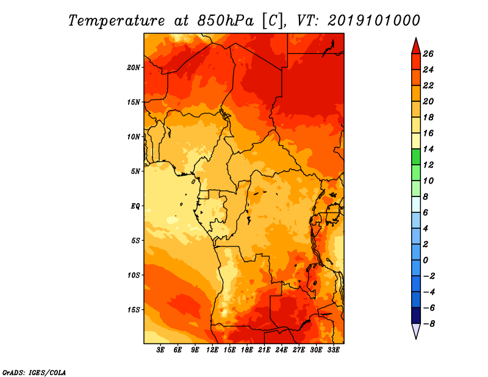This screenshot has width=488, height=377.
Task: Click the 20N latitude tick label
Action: click(134, 68)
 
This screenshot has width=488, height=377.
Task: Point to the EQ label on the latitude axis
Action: click(135, 206)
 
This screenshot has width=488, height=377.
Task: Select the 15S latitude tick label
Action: click(134, 310)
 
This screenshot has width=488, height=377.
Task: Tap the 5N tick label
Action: click(135, 171)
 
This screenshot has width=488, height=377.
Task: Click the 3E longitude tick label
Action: click(160, 350)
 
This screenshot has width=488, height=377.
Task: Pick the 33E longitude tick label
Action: click(333, 350)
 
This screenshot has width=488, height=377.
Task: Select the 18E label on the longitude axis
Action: click(247, 350)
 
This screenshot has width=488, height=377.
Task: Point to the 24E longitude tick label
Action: click(281, 350)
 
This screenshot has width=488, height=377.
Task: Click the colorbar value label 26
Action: click(428, 54)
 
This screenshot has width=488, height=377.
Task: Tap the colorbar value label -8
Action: click(428, 324)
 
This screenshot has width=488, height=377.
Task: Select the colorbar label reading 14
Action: click(428, 149)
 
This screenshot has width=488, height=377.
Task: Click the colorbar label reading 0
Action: click(425, 260)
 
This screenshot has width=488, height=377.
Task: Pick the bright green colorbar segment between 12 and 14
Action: click(416, 157)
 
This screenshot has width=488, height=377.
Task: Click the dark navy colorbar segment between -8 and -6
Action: click(416, 315)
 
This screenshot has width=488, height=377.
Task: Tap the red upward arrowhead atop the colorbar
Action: click(416, 46)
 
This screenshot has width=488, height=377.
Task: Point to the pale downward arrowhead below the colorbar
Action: click(416, 331)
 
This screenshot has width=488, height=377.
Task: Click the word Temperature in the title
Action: click(117, 21)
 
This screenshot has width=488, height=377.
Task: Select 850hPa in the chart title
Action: click(225, 21)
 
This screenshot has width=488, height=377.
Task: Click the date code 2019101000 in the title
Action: click(373, 21)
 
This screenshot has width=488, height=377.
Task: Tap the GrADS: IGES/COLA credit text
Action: click(34, 372)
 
